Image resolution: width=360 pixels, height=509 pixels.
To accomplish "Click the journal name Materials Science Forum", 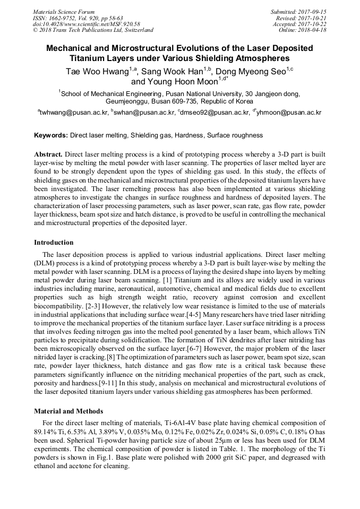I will [64, 12].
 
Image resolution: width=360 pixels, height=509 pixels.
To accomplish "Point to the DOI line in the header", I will [86, 24].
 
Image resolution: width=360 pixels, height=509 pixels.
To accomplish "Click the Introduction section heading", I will [54, 243].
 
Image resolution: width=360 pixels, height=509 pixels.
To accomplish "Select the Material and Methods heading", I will [68, 411].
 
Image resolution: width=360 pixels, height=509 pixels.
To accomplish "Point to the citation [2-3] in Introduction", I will [94, 306].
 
